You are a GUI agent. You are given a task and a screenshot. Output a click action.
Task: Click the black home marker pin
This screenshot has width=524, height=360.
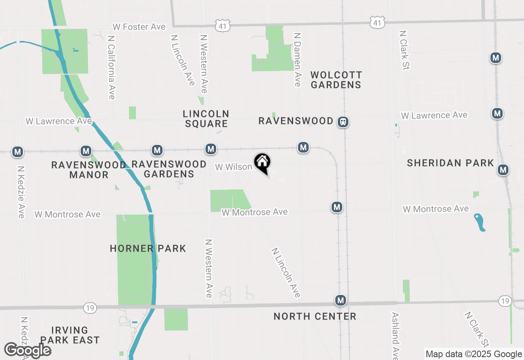coord(262,163)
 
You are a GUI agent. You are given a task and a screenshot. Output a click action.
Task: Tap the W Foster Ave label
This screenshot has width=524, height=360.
coord(139,27)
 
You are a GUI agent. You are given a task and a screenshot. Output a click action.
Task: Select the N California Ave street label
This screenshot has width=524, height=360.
coord(111,67)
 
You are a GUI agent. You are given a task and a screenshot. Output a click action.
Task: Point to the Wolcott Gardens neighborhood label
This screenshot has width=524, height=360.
coord(336,80)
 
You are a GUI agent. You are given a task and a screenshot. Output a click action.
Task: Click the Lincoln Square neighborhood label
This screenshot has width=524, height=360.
coord(206,119)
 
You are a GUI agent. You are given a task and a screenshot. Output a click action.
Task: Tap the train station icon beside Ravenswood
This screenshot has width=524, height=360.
coord(343,122)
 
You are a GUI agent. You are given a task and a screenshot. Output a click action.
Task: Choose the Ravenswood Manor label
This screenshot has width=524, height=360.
coord(89,170)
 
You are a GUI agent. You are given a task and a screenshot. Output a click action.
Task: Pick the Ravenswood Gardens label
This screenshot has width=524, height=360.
coord(169,169)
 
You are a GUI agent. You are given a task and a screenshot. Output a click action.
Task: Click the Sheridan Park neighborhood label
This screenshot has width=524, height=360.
coord(450,163)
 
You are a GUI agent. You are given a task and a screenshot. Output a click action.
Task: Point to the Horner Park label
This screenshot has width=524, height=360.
coord(148,248)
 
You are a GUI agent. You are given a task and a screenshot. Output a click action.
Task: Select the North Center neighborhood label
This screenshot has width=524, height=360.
coord(315,316)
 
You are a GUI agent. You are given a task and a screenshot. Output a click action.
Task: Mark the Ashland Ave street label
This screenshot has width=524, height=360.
coord(395,335)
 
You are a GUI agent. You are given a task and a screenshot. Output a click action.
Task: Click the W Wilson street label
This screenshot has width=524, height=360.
coord(233,167)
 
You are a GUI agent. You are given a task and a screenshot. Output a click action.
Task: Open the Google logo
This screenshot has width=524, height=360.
coord(27,351)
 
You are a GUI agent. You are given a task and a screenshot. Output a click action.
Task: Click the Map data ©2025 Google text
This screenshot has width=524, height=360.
coord(474,354)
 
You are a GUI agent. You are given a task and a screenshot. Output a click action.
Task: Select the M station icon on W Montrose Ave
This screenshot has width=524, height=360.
coord(337,207)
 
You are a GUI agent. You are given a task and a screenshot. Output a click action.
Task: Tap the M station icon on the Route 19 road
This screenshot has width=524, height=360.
coord(340,301)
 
